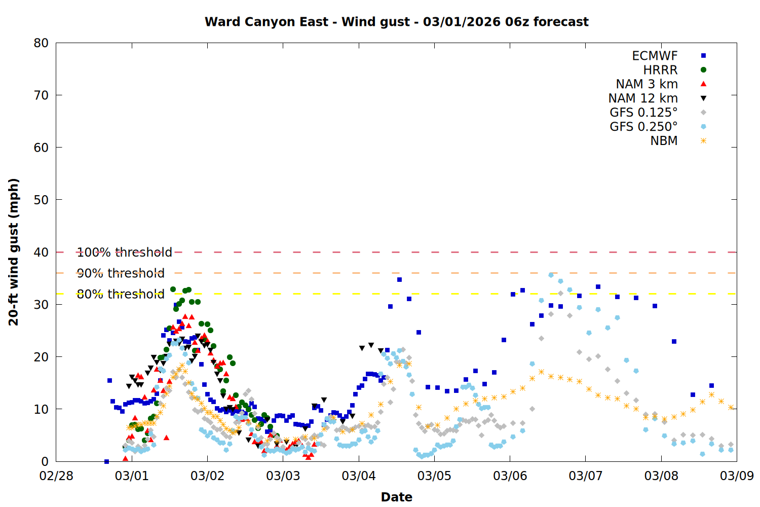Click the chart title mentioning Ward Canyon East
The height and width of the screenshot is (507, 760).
[396, 22]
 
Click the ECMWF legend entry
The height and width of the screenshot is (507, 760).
[655, 56]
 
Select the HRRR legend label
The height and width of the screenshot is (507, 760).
[660, 70]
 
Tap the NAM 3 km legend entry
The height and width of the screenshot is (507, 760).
[647, 84]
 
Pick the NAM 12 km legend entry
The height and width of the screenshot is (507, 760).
[643, 98]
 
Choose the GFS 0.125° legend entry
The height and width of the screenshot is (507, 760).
[643, 113]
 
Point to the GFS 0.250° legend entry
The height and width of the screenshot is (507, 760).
[643, 127]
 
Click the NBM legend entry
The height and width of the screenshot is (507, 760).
[664, 141]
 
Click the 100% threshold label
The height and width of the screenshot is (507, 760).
[124, 252]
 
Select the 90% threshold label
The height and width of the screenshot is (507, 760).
[121, 273]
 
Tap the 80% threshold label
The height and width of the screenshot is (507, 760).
[121, 294]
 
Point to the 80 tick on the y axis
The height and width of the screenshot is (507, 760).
[42, 43]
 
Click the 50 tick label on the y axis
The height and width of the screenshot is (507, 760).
[42, 200]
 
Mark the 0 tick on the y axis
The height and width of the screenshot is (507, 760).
[45, 461]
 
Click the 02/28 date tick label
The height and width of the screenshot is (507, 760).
[56, 476]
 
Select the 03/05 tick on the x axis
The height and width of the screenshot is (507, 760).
[434, 476]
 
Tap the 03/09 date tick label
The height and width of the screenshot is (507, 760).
[737, 476]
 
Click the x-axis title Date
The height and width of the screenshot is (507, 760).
[396, 497]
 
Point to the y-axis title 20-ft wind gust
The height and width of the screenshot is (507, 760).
[14, 252]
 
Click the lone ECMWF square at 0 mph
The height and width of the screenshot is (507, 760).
[106, 461]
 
